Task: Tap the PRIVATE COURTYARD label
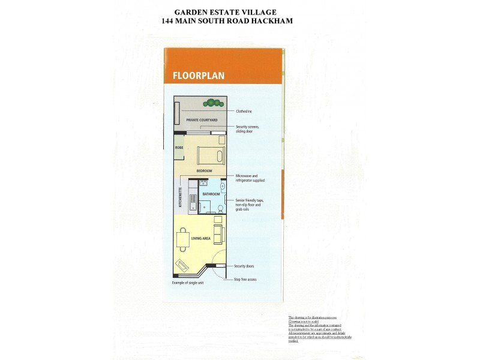(202, 120)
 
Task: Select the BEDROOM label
(205, 171)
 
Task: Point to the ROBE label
(179, 147)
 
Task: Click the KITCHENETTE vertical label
(179, 198)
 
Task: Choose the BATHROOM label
(211, 194)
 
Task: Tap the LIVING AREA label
(200, 239)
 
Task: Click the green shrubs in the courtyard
(212, 102)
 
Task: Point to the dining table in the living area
(182, 239)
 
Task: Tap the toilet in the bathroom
(220, 208)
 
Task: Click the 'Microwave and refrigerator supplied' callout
(250, 178)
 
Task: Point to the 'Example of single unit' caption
(188, 283)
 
